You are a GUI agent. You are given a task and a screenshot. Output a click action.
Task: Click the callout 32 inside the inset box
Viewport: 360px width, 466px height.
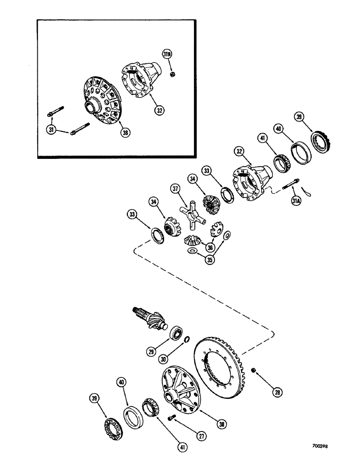coord(160,110)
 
